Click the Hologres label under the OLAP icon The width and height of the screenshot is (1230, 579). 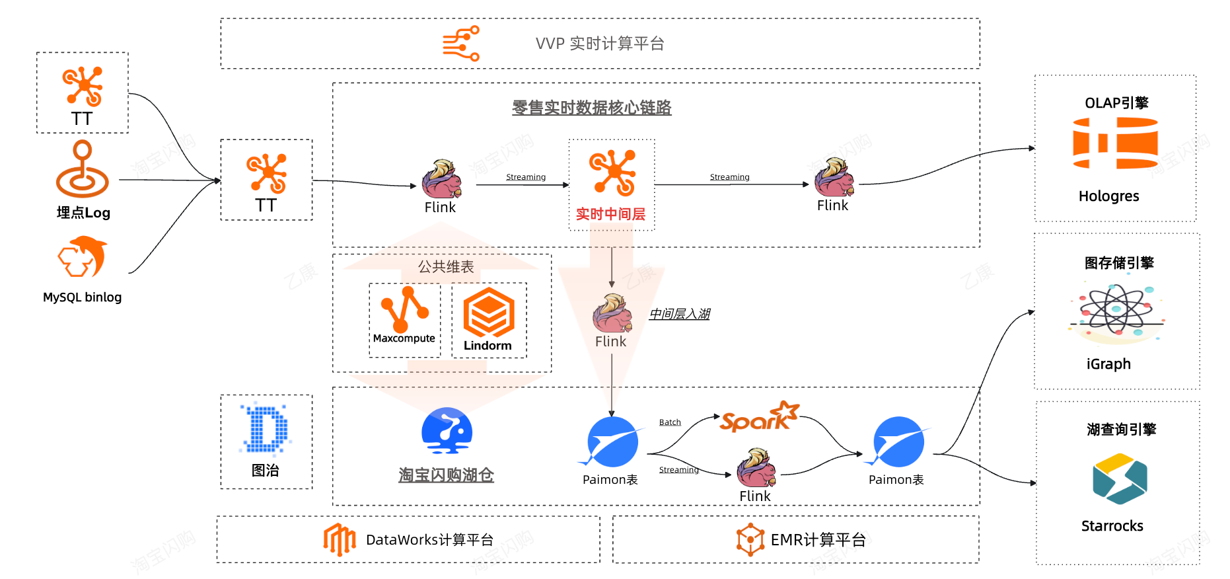click(1108, 196)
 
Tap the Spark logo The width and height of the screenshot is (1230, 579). click(759, 417)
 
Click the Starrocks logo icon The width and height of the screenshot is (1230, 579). click(1120, 479)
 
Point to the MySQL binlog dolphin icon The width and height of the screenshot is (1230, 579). click(83, 258)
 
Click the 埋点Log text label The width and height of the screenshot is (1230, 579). click(83, 213)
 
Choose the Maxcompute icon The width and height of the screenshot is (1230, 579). click(404, 309)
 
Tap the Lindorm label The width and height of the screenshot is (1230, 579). click(488, 346)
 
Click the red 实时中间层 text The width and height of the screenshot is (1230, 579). click(610, 214)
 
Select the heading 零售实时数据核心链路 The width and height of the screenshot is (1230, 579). click(591, 107)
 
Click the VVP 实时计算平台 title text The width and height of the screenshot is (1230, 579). click(600, 44)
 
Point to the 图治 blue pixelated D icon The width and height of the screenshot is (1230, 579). click(266, 429)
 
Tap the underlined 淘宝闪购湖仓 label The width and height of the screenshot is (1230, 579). click(446, 475)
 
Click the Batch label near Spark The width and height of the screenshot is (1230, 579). click(670, 422)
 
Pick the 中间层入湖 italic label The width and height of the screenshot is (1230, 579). click(679, 314)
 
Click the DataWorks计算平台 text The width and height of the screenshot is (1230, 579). click(429, 540)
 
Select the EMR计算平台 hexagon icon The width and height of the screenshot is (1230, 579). click(750, 539)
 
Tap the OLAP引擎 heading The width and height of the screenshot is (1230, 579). click(1116, 103)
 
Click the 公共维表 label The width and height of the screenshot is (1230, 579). click(446, 267)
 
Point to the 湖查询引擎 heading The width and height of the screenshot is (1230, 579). click(1121, 430)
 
